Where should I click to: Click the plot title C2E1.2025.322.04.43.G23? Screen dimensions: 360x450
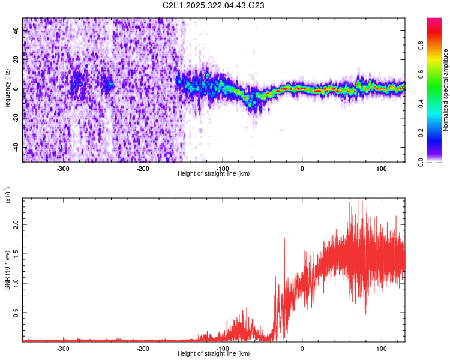click(214, 5)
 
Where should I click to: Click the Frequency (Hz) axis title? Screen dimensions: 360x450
click(7, 90)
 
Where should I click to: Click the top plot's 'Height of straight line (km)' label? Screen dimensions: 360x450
click(214, 174)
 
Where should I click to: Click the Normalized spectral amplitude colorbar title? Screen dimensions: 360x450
click(446, 90)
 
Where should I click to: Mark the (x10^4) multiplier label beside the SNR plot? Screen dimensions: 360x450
click(8, 195)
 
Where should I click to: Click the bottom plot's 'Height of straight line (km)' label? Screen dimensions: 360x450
click(214, 353)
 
